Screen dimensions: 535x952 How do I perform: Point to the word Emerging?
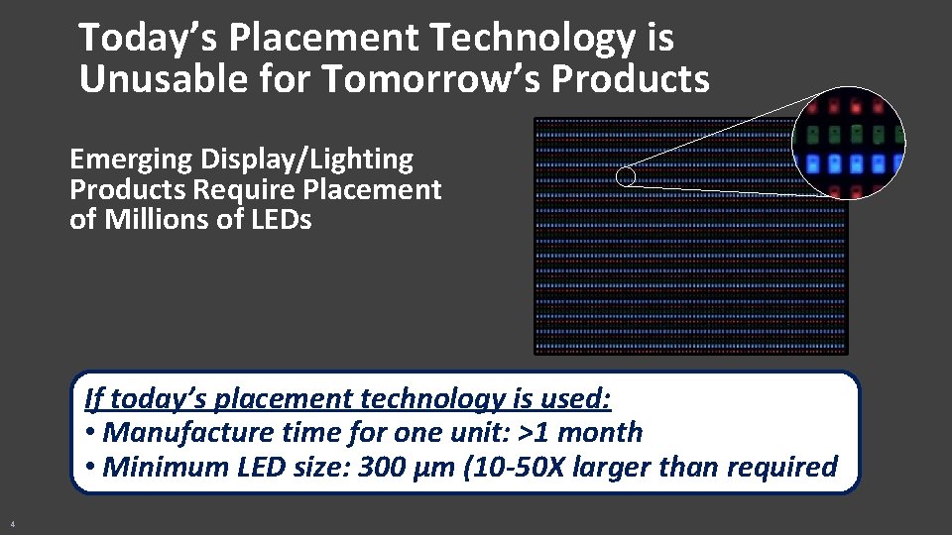coord(131,160)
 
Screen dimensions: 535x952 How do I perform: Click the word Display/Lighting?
coord(306,160)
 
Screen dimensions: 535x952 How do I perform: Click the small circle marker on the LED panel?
coord(626,177)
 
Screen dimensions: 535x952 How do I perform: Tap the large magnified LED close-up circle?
coord(849,145)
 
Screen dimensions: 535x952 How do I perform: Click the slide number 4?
coord(12,523)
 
